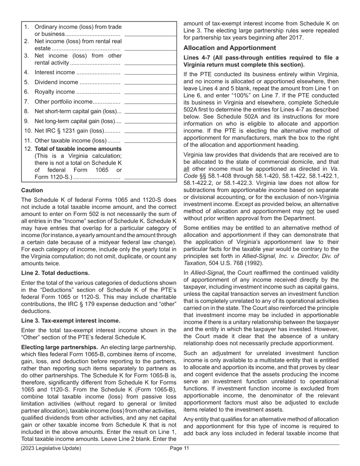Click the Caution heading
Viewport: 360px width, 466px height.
(32, 190)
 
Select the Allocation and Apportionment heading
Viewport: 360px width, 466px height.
(230, 48)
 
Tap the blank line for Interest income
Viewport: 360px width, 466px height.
(150, 73)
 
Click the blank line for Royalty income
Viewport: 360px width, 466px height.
(150, 93)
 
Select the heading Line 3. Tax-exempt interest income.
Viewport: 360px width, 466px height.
(71, 321)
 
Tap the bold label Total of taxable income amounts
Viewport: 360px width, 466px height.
(78, 149)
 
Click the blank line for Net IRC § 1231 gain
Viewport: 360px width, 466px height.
(150, 132)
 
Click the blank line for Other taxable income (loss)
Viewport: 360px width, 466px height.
(150, 142)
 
